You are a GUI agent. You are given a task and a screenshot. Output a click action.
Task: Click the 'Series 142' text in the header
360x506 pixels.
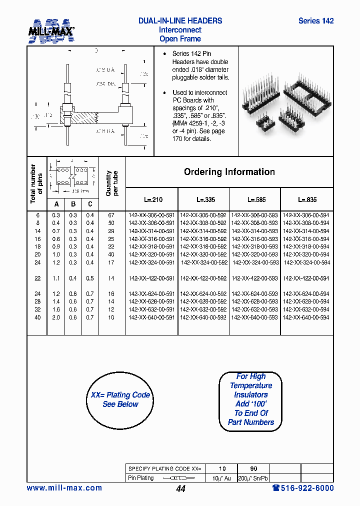click(x=315, y=21)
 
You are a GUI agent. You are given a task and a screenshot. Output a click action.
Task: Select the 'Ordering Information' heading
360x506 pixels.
click(x=229, y=172)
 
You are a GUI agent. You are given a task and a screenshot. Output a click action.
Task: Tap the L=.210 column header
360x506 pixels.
click(x=153, y=199)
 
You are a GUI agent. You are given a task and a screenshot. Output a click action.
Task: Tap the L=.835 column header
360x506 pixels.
click(x=306, y=199)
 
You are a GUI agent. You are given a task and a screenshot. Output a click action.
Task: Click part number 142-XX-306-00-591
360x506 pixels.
click(x=151, y=215)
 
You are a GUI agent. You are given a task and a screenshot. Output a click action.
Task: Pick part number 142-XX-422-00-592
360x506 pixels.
click(x=203, y=278)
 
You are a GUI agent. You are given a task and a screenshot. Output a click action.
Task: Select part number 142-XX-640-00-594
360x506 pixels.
click(x=306, y=317)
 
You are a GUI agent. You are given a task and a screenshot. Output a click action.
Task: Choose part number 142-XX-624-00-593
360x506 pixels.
click(x=254, y=294)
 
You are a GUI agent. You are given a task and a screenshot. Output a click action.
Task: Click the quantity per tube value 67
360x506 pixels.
click(x=111, y=215)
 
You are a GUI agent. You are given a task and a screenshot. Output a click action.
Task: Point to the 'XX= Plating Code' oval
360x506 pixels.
click(x=120, y=399)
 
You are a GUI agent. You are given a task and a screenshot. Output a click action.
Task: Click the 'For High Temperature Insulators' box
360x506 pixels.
click(x=251, y=399)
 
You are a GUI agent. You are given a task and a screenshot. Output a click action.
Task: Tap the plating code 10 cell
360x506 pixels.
click(x=222, y=468)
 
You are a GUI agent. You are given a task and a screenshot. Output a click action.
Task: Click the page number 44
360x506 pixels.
click(x=180, y=489)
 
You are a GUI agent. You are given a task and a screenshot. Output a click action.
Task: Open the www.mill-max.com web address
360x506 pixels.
click(x=64, y=488)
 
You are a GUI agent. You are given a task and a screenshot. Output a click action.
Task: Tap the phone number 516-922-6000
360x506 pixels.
click(x=302, y=488)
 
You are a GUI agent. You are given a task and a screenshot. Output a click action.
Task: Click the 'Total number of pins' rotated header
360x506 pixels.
click(x=36, y=183)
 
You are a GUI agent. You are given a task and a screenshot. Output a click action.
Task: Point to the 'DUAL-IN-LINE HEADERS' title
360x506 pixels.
click(x=180, y=21)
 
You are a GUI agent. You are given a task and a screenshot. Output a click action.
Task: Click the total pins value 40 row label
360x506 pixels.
click(x=37, y=317)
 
